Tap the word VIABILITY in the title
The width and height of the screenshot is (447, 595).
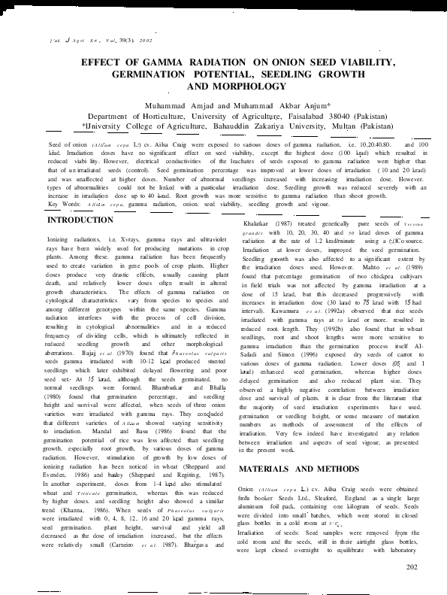[x=367, y=64]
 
